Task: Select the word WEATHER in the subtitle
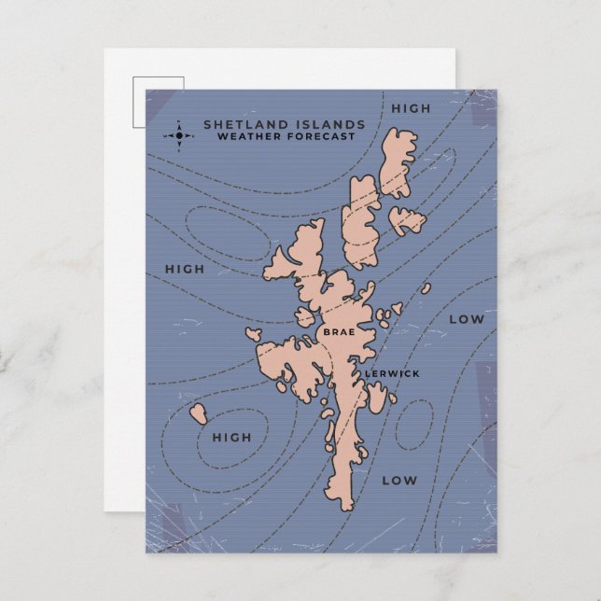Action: click(245, 137)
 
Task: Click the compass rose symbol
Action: click(180, 136)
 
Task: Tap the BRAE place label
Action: click(336, 331)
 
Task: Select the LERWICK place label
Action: click(392, 373)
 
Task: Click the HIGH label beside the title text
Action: click(411, 108)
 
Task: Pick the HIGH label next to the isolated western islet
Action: click(231, 437)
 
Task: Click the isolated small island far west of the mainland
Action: click(199, 413)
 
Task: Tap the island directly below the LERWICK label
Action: click(376, 398)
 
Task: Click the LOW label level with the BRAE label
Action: click(467, 319)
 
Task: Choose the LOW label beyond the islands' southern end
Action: click(398, 481)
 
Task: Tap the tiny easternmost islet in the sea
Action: click(426, 288)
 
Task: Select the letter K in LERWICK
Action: click(416, 373)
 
